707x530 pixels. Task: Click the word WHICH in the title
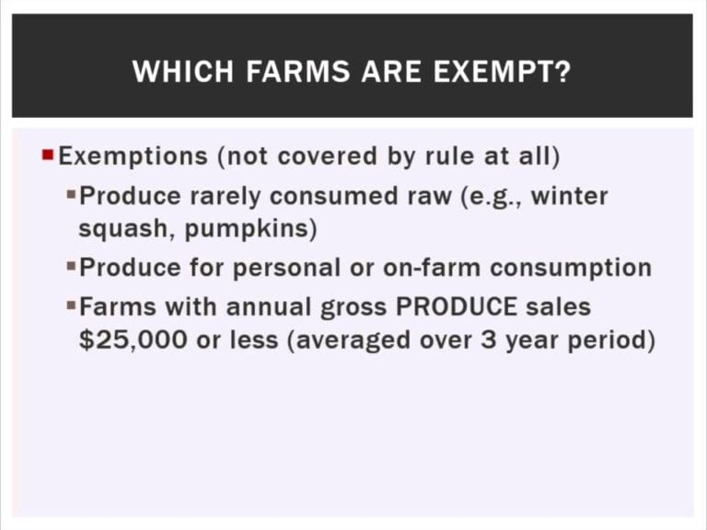(x=183, y=71)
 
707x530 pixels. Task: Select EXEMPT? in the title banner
(x=503, y=71)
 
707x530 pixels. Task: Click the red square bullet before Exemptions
(x=48, y=156)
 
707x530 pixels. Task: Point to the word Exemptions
(x=133, y=156)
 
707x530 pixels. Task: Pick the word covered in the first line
(x=327, y=156)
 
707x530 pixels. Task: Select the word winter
(x=570, y=196)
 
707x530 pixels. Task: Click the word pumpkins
(x=247, y=229)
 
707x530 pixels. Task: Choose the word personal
(x=286, y=268)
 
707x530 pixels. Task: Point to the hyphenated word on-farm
(x=432, y=267)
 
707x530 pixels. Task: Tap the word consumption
(x=571, y=268)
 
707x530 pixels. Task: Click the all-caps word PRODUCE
(x=457, y=307)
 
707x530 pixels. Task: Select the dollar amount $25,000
(x=133, y=340)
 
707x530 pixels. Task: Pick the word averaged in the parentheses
(x=353, y=340)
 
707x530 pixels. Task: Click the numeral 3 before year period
(x=488, y=340)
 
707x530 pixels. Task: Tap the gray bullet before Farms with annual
(x=71, y=305)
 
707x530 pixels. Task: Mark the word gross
(x=353, y=308)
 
